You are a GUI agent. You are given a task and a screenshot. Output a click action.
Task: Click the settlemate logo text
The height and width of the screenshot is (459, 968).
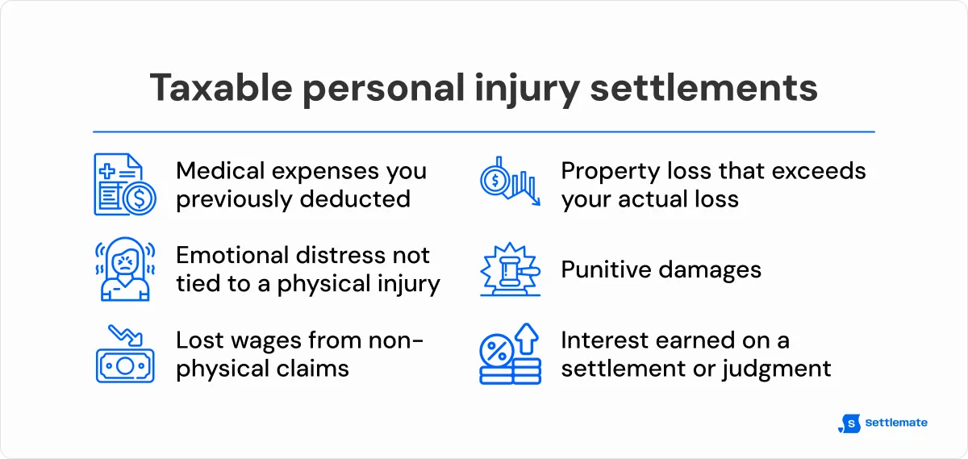coord(895,423)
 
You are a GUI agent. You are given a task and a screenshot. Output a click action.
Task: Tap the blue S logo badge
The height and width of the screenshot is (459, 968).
coord(849,424)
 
